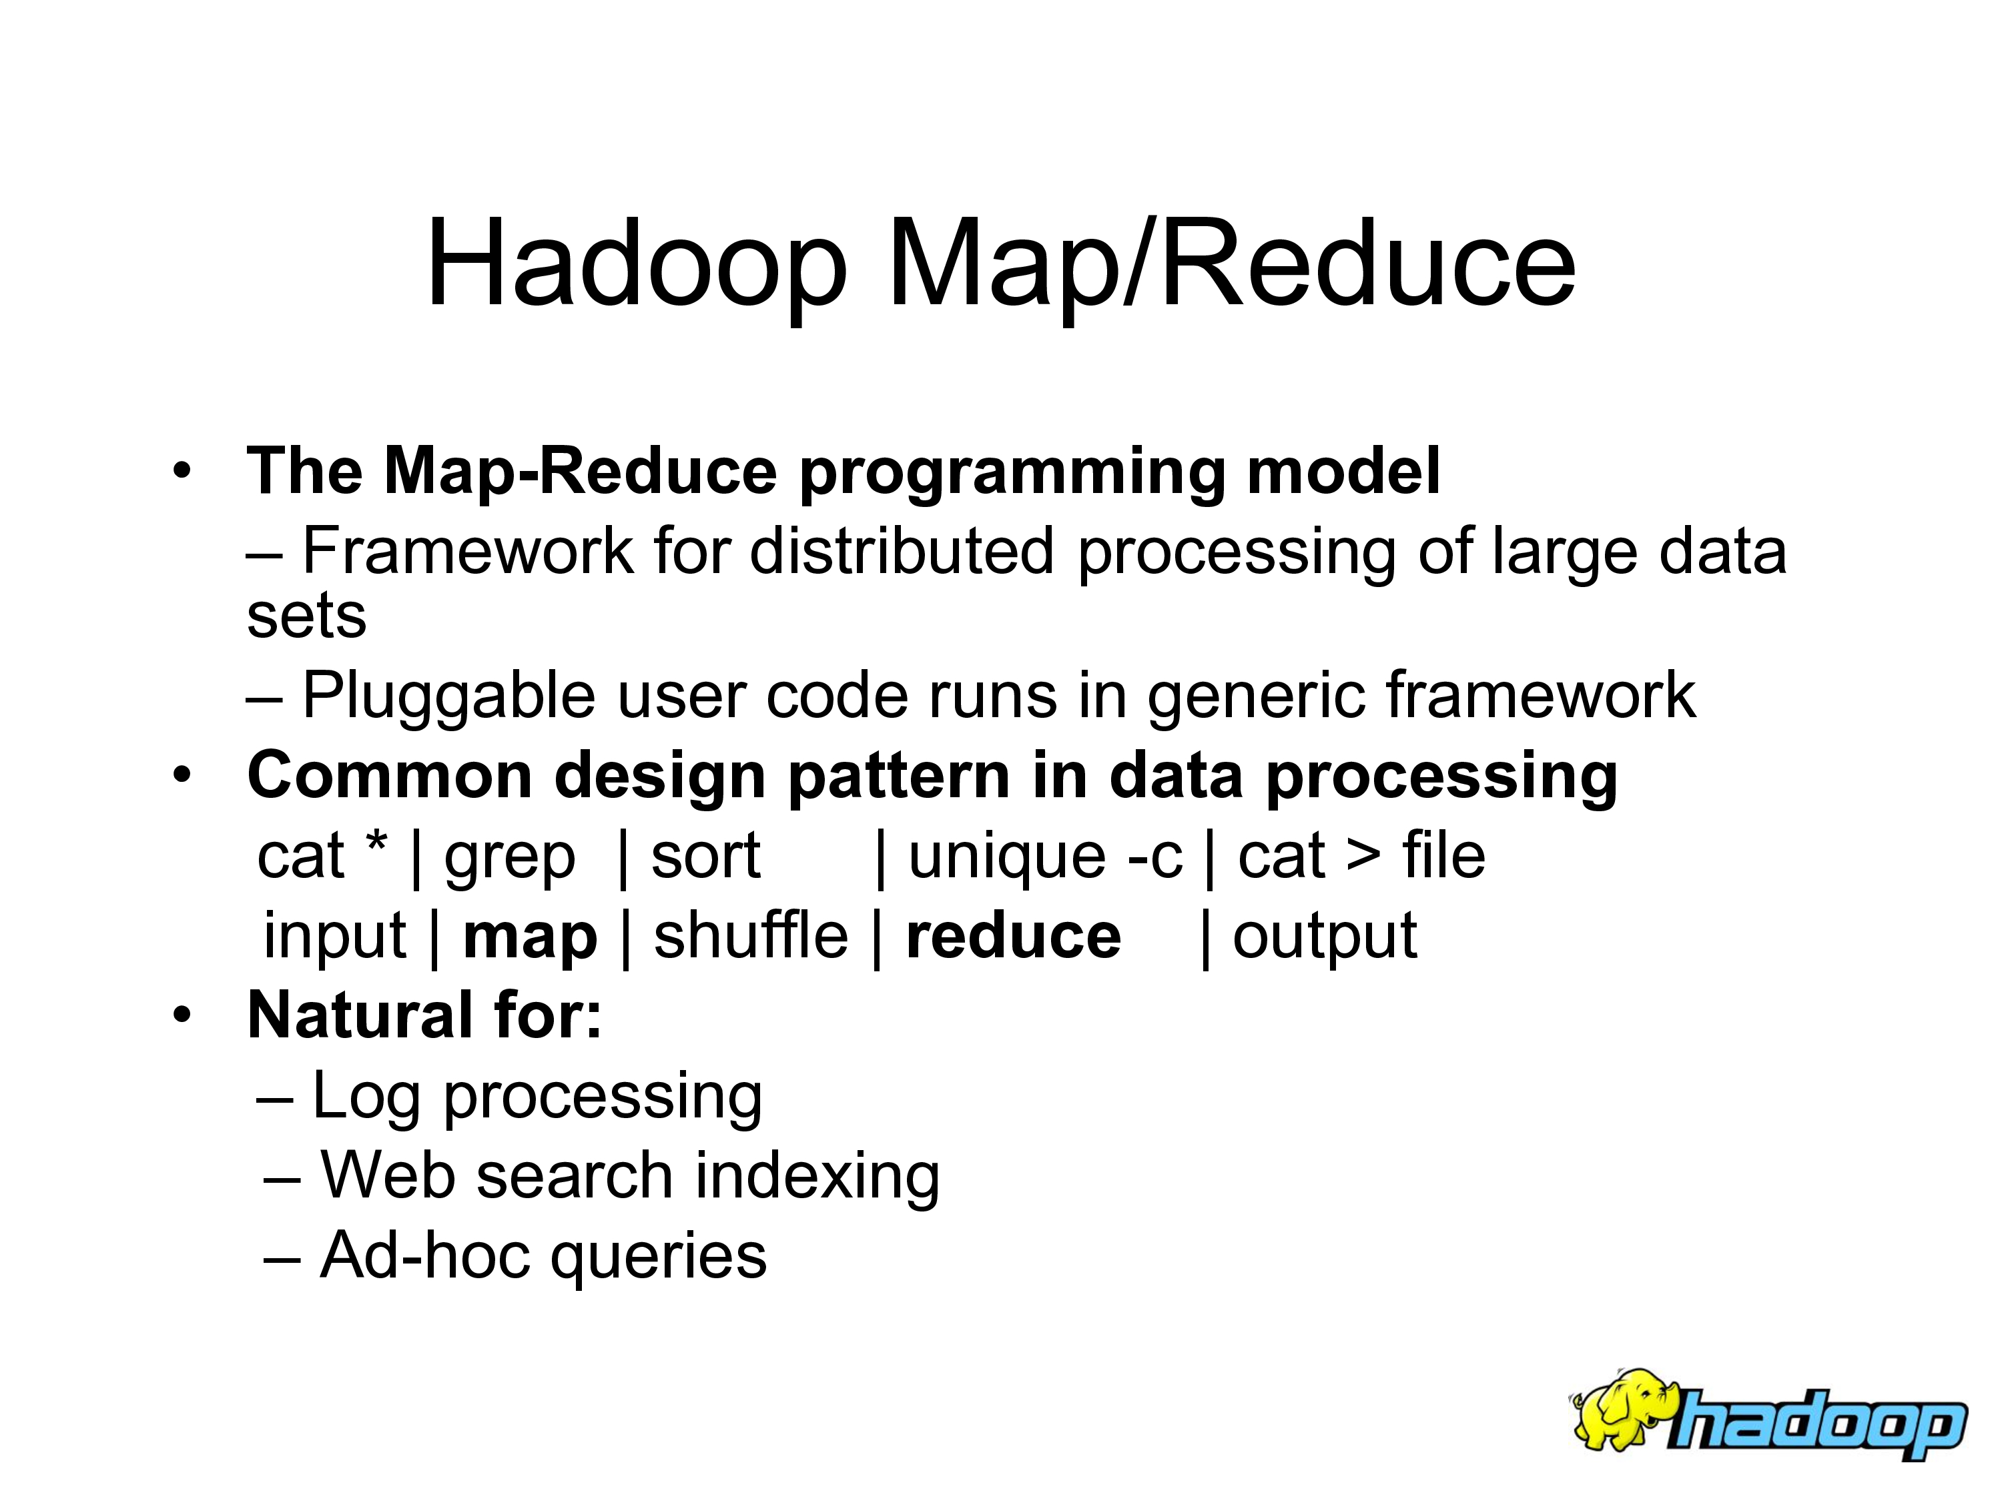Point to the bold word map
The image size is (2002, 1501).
(531, 937)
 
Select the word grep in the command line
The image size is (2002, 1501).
(510, 857)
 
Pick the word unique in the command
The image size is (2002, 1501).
(1007, 856)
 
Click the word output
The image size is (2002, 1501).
(1325, 937)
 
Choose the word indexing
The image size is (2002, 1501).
(817, 1176)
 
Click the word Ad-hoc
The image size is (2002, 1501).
(425, 1255)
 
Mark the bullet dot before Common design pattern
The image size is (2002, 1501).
(183, 775)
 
